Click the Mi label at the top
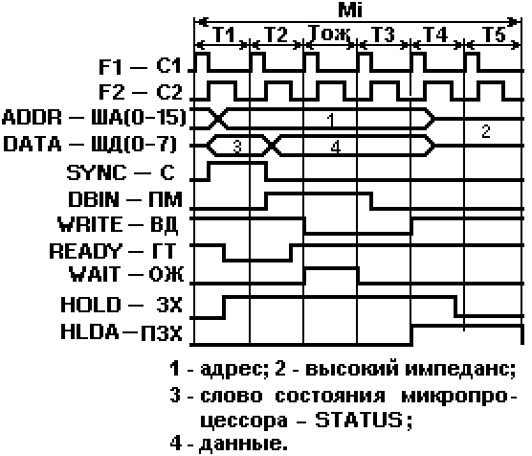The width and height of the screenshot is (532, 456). coord(350,10)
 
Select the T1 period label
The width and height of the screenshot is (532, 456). coord(224,34)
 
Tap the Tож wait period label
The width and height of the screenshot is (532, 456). coord(330,34)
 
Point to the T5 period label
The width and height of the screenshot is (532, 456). coord(494,34)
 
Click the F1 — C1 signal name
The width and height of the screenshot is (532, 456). coord(140,66)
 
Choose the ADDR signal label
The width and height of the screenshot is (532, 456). coord(32,118)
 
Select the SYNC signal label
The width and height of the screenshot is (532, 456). coord(97,172)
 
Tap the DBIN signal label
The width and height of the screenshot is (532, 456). coord(94,199)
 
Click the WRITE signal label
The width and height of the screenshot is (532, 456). coord(90,224)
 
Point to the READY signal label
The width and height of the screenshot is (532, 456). coord(85,251)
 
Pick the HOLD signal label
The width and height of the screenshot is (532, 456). coord(91,305)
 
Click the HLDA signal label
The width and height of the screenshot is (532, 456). coord(90,331)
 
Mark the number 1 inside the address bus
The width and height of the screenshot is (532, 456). coord(331,120)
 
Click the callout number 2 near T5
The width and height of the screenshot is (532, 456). coord(486,131)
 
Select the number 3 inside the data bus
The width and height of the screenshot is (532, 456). coord(237,147)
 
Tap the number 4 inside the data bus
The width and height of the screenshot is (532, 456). coord(335,147)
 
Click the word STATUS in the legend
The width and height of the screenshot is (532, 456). coord(359,420)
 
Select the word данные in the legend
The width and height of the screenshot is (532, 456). coord(243,444)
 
